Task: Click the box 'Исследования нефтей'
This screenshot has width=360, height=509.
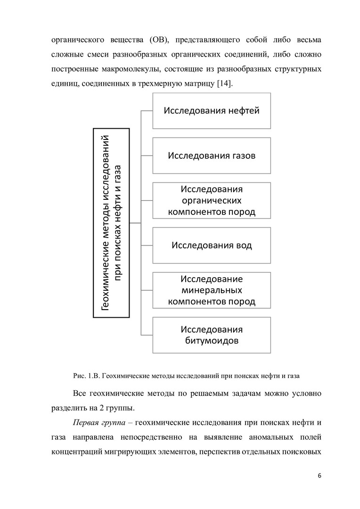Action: click(x=212, y=111)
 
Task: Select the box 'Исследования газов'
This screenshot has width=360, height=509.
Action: click(x=212, y=156)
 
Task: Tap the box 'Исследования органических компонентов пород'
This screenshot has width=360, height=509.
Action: click(x=212, y=200)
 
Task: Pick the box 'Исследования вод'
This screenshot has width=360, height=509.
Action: click(x=212, y=245)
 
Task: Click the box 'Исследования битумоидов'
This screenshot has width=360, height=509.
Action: click(x=212, y=335)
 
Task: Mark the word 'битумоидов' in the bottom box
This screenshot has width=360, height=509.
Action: click(x=212, y=340)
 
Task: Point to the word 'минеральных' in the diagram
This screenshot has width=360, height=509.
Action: click(x=212, y=290)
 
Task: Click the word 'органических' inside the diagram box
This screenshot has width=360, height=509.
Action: click(x=212, y=200)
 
